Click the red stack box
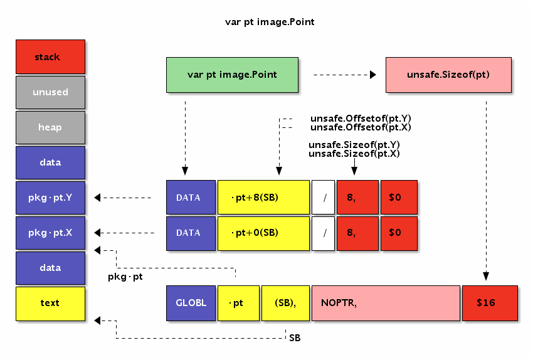coord(50,57)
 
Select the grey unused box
coord(50,92)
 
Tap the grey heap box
coord(50,127)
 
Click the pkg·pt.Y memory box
coord(50,198)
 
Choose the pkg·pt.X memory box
coord(50,233)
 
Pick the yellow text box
coord(50,303)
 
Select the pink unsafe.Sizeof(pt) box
coord(448,75)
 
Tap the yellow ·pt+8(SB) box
coord(263,198)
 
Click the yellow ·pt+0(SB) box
coord(263,233)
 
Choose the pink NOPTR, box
coord(385,303)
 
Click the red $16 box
coord(490,303)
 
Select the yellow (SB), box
coord(285,303)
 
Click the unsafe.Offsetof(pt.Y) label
coord(361,118)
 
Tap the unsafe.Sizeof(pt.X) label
coord(354,154)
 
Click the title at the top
coord(270,22)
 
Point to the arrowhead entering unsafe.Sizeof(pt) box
coord(373,75)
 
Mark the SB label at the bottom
coord(295,338)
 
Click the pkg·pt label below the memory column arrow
coord(125,277)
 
